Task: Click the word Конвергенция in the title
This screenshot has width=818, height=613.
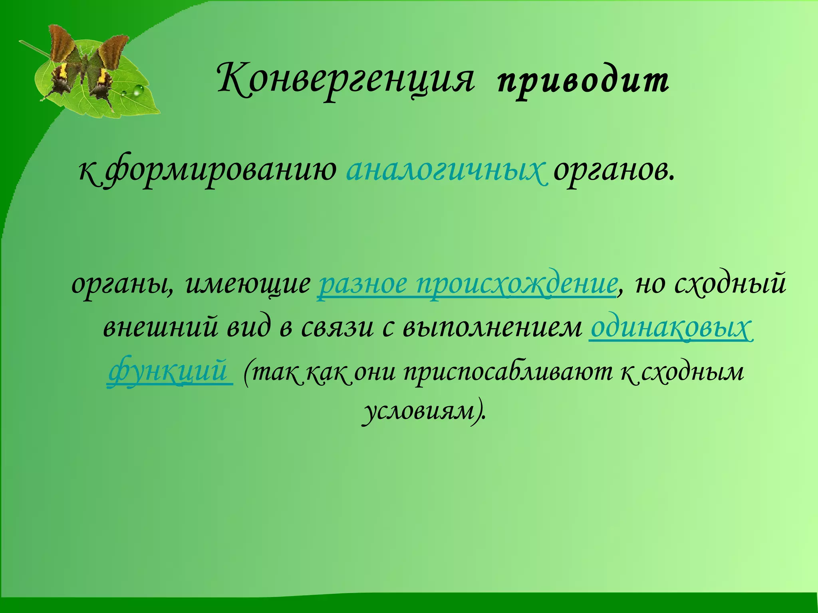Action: (346, 80)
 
